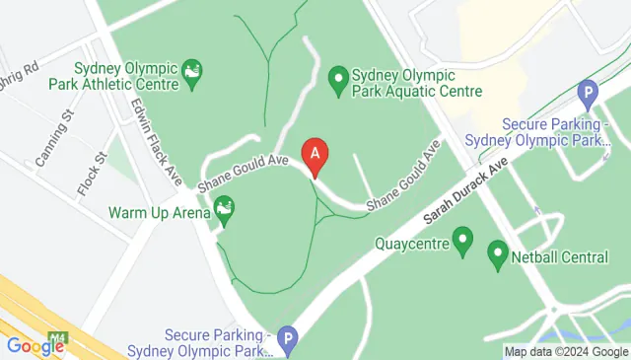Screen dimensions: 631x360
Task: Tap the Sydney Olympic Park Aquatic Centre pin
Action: click(338, 78)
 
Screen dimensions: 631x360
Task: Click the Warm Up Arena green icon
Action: click(225, 209)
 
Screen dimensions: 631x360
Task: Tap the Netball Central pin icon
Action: click(498, 256)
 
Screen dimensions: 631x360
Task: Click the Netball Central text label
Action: click(560, 257)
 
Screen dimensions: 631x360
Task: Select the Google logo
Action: click(35, 346)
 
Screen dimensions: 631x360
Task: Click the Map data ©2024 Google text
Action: click(565, 351)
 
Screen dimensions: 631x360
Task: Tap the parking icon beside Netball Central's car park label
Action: click(589, 97)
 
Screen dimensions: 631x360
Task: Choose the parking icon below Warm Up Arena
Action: click(287, 338)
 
